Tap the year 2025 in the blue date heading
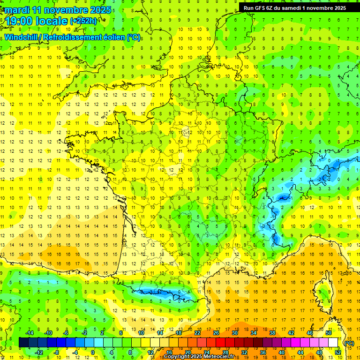100,10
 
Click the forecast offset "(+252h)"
83,21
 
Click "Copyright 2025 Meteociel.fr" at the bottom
199,357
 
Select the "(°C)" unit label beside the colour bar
349,343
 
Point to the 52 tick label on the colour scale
338,352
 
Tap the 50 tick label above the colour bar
329,333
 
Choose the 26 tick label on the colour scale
216,333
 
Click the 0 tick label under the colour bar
93,352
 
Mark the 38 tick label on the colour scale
272,333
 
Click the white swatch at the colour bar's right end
333,342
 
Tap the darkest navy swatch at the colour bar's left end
23,342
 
